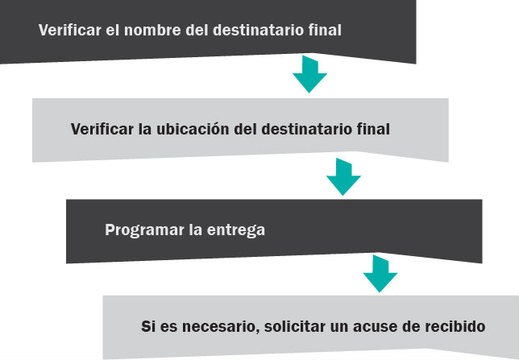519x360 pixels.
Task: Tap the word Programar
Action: tap(144, 230)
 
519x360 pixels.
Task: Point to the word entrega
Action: tap(235, 230)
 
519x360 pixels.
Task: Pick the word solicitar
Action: tap(295, 326)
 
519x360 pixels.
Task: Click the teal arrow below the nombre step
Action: tap(309, 74)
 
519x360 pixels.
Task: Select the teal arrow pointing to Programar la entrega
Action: tap(343, 177)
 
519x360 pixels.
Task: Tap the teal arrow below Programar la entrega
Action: tap(380, 274)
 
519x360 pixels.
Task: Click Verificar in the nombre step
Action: tap(70, 30)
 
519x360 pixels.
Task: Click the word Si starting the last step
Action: tap(148, 327)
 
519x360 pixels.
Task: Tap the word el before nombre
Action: tap(113, 30)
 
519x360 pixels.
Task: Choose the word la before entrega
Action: tap(195, 230)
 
